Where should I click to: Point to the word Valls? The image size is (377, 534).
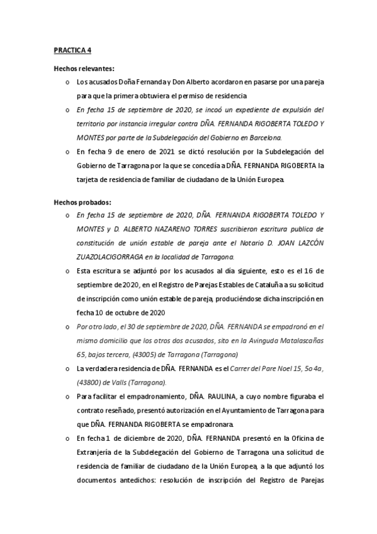pos(116,382)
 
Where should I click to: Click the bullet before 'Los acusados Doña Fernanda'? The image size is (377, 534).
pos(67,82)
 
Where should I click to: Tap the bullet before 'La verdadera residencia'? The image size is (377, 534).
pos(67,368)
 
